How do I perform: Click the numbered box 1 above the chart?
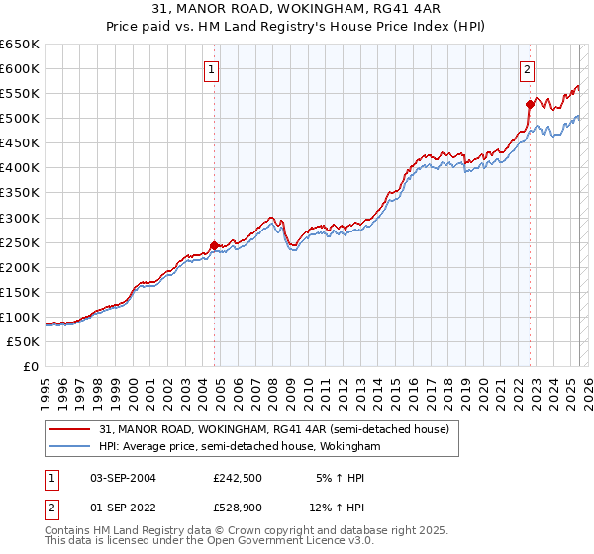pos(213,69)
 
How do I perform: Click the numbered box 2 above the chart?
pos(528,69)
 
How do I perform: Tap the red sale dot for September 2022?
pos(530,103)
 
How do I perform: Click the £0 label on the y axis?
pos(30,366)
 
